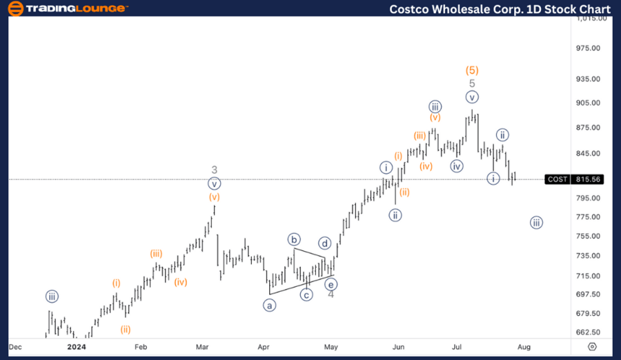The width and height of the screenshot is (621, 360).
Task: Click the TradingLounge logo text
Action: point(76,8)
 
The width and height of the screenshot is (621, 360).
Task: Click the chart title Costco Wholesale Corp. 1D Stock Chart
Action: point(500,9)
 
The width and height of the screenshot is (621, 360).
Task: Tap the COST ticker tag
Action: point(557,179)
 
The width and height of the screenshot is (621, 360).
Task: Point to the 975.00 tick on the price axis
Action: point(591,48)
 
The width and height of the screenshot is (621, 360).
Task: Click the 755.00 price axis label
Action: point(591,236)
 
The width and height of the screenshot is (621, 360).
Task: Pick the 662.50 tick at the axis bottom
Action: point(591,332)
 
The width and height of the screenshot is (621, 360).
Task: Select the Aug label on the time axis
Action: point(524,346)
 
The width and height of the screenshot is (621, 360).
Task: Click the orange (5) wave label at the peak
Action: point(472,70)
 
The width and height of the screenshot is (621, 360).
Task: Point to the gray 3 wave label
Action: point(215,170)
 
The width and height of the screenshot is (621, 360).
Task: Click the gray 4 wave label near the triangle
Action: point(331,294)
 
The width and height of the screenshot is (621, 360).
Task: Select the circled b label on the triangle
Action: point(295,240)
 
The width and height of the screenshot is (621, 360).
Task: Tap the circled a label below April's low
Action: point(269,304)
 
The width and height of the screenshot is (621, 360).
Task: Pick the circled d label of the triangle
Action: point(324,243)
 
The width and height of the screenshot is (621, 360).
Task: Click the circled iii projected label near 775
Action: point(536,222)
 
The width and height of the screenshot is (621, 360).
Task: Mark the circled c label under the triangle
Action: point(306,294)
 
